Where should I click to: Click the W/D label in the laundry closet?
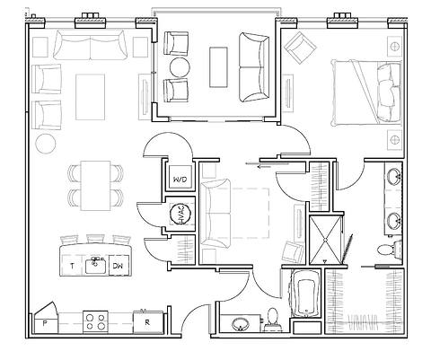click(180, 180)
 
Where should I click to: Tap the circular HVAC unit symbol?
click(180, 215)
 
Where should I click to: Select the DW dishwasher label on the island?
click(118, 267)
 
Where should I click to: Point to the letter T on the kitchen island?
click(71, 267)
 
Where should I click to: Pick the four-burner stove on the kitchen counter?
click(95, 320)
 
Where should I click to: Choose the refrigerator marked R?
click(146, 320)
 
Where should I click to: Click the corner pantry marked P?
click(44, 320)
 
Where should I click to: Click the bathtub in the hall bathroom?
click(304, 297)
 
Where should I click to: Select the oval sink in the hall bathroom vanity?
click(240, 323)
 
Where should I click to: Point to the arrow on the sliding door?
click(264, 165)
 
